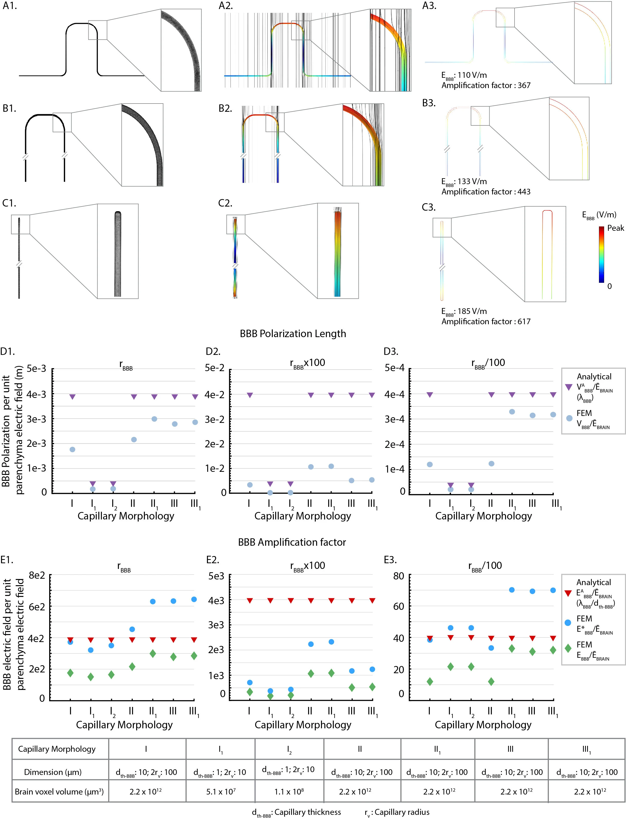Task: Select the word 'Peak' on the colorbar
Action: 615,228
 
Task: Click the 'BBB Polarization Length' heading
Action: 293,334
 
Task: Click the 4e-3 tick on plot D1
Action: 37,394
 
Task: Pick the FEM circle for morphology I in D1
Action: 72,449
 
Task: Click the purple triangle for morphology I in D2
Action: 250,395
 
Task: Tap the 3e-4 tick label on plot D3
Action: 394,419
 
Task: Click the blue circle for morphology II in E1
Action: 132,629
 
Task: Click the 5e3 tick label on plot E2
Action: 216,576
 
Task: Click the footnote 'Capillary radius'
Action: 402,812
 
